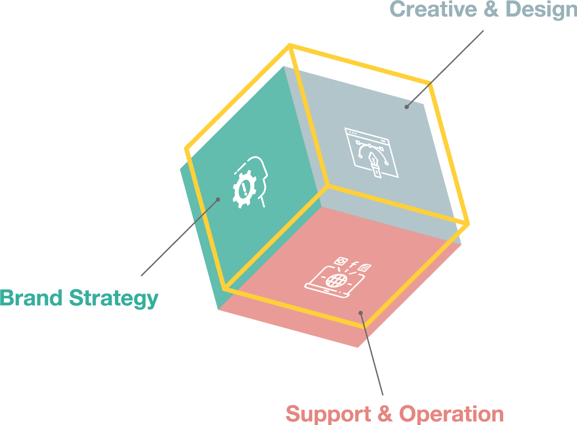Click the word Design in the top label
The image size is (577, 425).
click(542, 9)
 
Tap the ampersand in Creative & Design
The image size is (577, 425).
click(492, 9)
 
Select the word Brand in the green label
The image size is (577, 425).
click(31, 298)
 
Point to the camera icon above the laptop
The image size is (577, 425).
click(340, 261)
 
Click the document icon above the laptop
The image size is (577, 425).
click(364, 268)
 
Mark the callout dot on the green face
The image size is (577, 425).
click(218, 199)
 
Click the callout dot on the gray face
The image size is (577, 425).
click(406, 107)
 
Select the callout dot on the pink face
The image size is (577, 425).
click(360, 312)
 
